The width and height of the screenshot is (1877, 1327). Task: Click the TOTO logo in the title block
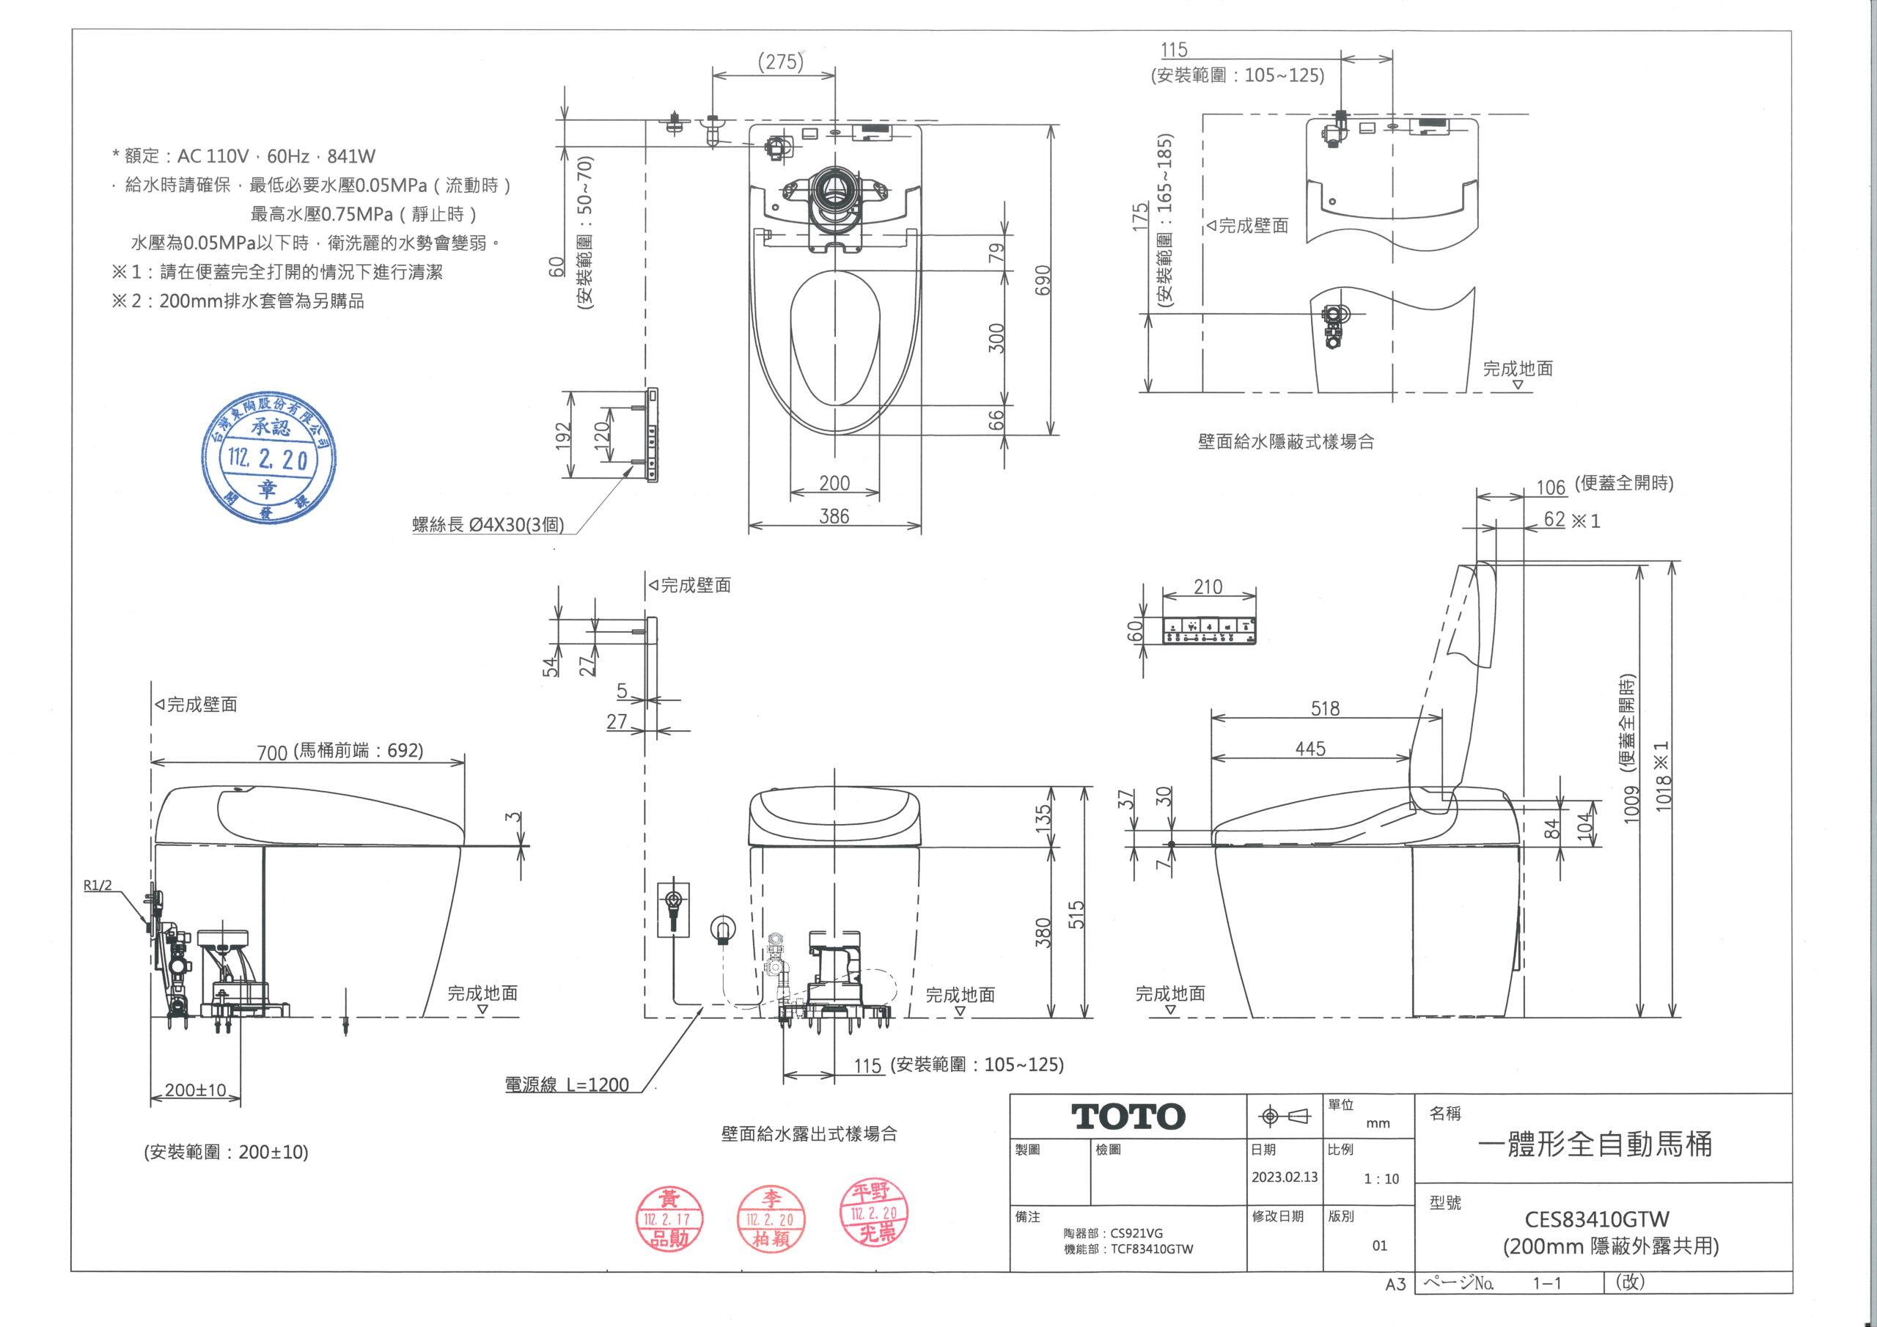tap(1128, 1116)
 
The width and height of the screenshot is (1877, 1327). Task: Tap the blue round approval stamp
tap(269, 459)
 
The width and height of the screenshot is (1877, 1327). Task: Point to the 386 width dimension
tap(834, 516)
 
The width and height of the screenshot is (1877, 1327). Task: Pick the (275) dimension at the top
tap(780, 62)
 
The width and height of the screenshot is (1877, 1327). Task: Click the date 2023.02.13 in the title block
tap(1285, 1177)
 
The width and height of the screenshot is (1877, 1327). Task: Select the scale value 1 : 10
tap(1381, 1178)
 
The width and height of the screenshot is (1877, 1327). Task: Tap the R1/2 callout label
tap(98, 886)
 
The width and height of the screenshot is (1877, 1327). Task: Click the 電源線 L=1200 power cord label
tap(567, 1084)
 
